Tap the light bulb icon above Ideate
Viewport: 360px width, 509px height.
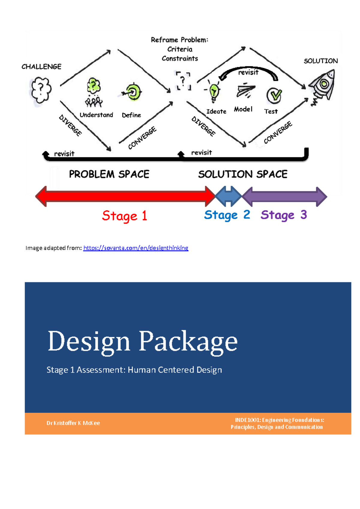point(214,91)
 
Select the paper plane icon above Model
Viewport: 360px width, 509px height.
point(245,90)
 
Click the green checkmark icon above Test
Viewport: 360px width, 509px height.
point(274,95)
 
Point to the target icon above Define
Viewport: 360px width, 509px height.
point(132,92)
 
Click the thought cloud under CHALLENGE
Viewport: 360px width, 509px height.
point(41,90)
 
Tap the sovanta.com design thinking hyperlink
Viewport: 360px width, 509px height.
point(136,248)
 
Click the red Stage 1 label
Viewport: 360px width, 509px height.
point(124,216)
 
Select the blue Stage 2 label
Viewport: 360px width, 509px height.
point(227,215)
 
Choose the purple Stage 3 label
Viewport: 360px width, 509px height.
point(283,215)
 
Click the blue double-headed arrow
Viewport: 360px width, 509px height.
point(228,197)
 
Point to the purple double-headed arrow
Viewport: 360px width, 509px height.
point(284,197)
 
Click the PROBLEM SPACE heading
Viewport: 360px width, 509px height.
point(109,174)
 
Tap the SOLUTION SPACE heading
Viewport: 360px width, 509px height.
point(243,174)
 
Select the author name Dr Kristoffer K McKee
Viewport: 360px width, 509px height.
point(73,423)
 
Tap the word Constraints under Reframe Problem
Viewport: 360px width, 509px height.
point(180,59)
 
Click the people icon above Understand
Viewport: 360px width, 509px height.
point(94,101)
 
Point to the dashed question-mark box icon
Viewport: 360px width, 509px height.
point(183,81)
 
